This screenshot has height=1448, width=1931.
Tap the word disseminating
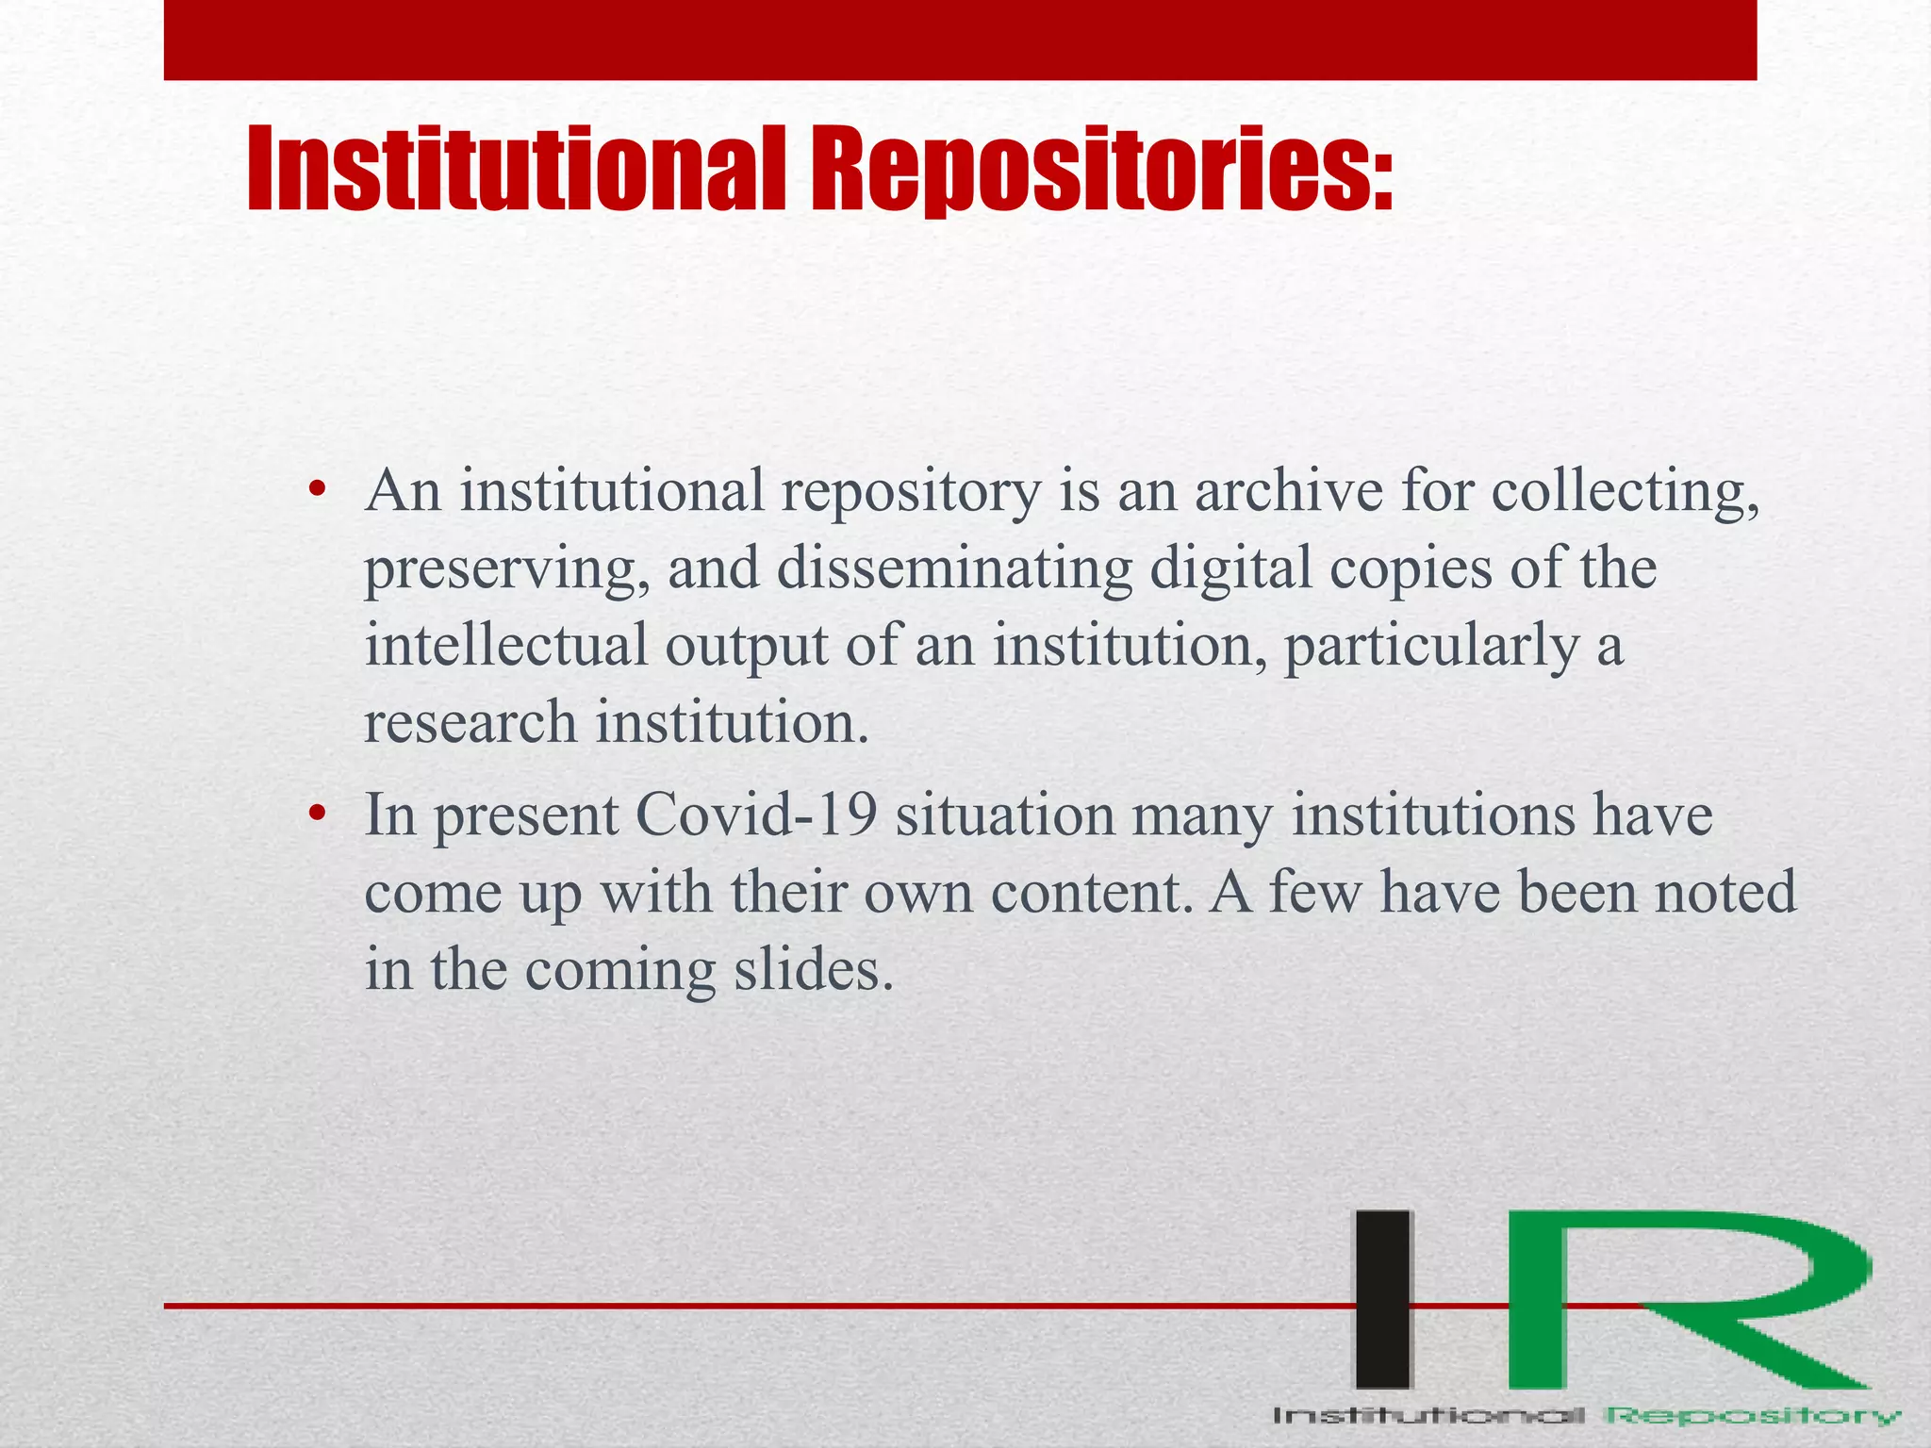coord(954,569)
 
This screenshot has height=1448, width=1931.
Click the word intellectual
coord(506,647)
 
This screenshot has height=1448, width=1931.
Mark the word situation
coord(1004,814)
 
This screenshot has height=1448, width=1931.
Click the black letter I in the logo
coord(1384,1300)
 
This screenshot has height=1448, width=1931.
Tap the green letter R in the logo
coord(1678,1300)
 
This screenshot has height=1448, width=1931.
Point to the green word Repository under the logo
coord(1753,1416)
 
